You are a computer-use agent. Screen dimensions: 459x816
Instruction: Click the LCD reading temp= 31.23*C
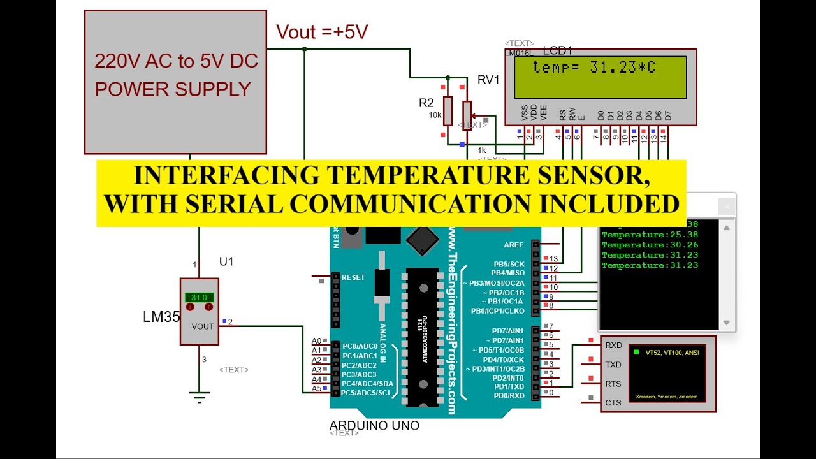(594, 68)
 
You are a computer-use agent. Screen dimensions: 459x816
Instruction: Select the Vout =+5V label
(322, 33)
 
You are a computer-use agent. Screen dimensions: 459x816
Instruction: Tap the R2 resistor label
(426, 103)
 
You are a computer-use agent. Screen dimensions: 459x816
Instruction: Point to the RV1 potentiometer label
(488, 80)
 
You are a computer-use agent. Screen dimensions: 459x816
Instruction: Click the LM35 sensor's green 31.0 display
(199, 297)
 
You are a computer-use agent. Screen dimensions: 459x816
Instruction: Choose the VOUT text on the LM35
(203, 326)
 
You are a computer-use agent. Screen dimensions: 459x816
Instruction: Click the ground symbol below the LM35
(200, 398)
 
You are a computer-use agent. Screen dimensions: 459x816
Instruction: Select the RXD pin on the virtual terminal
(613, 346)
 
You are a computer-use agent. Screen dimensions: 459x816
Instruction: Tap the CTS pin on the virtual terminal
(613, 403)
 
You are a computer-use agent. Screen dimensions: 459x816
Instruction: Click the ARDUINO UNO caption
(374, 425)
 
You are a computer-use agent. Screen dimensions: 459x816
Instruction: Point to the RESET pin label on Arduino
(353, 277)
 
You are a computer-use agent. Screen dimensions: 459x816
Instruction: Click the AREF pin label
(513, 245)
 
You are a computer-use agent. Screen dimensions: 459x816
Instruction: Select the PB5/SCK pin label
(509, 264)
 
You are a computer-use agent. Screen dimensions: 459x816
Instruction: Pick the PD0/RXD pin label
(508, 395)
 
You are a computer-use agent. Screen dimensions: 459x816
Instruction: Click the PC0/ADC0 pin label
(360, 346)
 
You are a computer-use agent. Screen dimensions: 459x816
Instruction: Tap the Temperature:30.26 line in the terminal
(650, 245)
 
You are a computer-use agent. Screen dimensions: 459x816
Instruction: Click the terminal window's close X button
(726, 207)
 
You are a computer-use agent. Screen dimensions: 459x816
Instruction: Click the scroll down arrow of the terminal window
(726, 323)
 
